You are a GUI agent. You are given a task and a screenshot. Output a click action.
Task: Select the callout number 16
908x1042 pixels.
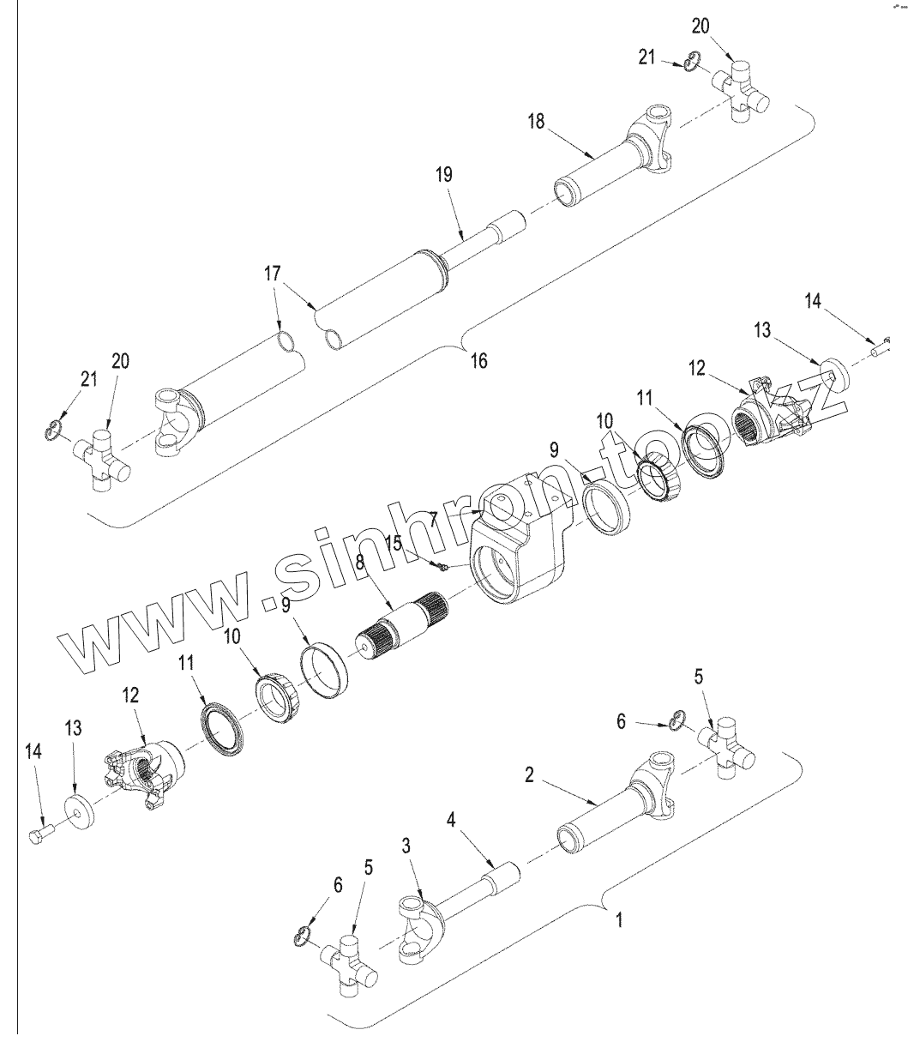coord(478,360)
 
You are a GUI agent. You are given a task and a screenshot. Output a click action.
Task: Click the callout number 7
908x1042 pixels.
coord(434,518)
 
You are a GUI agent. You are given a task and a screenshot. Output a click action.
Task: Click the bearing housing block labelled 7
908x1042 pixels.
coord(514,549)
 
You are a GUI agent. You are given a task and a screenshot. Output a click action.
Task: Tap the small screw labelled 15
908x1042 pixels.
coord(441,565)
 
